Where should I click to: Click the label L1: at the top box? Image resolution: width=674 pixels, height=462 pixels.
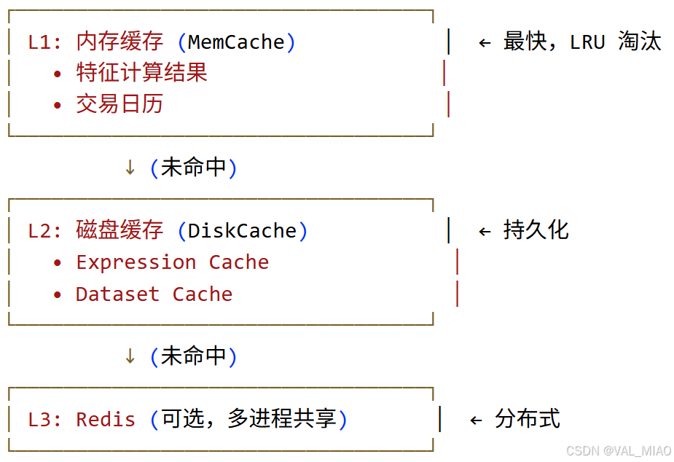[x=45, y=42]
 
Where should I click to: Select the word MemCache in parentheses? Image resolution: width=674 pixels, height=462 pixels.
[x=236, y=42]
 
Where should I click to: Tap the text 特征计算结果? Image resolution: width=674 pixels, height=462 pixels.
[x=141, y=73]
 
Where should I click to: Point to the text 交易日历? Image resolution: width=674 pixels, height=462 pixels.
[x=119, y=104]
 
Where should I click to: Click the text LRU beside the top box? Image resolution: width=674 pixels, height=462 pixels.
[x=587, y=42]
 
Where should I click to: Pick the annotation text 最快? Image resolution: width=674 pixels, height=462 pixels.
[x=525, y=42]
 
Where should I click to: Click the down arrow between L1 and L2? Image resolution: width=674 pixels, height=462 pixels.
[x=130, y=168]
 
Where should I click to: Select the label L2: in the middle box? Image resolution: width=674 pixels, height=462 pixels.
[x=45, y=231]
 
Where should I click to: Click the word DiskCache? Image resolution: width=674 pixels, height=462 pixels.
[x=242, y=231]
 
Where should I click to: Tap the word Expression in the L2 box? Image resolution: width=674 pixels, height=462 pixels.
[x=136, y=262]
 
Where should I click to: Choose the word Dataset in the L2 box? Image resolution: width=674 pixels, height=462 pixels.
[x=117, y=294]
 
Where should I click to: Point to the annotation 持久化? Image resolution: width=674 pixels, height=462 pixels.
[x=536, y=231]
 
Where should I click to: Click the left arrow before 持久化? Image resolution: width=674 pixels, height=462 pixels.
[x=485, y=232]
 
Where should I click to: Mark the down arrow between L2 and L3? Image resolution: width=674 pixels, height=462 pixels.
[x=130, y=356]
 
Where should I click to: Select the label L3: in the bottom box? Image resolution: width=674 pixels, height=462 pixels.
[x=45, y=420]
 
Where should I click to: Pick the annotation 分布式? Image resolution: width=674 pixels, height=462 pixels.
[x=527, y=419]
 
